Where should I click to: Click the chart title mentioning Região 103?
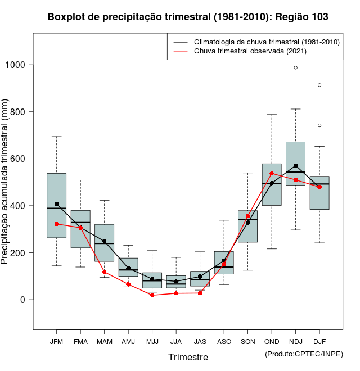[x=188, y=17]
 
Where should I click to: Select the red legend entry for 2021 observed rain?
[x=250, y=51]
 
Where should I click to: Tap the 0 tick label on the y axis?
[x=23, y=300]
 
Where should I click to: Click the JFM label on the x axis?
[x=56, y=341]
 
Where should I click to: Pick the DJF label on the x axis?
[x=319, y=341]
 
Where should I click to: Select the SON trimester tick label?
[x=247, y=341]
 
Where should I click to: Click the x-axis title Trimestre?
[x=188, y=357]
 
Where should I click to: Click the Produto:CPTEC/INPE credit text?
[x=304, y=354]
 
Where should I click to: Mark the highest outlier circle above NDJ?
[x=295, y=67]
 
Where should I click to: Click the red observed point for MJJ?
[x=152, y=295]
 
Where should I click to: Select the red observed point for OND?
[x=272, y=174]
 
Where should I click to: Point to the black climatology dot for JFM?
[x=56, y=204]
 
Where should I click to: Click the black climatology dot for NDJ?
[x=295, y=166]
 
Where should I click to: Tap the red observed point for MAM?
[x=104, y=272]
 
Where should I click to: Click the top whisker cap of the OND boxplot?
[x=272, y=115]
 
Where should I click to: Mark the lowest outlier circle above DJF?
[x=319, y=125]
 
